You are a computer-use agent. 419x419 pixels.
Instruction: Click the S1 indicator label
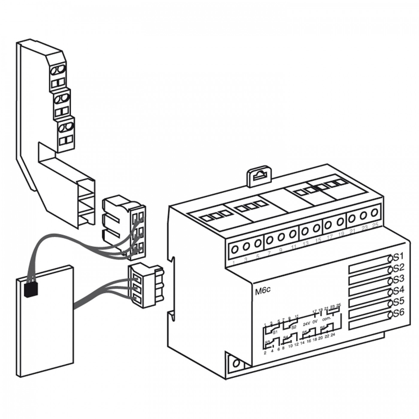click(399, 256)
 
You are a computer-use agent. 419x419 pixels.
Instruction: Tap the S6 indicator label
click(399, 313)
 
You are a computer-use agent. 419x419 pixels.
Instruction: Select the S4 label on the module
click(399, 290)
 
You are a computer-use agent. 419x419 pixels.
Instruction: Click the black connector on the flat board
click(31, 290)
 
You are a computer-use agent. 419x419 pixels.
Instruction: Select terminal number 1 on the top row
click(233, 263)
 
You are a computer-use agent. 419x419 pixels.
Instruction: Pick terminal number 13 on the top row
click(305, 244)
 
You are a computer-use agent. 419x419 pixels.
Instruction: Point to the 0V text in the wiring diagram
click(315, 322)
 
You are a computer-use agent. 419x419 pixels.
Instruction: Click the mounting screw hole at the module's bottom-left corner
click(236, 364)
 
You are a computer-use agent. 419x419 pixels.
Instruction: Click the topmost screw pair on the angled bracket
click(58, 70)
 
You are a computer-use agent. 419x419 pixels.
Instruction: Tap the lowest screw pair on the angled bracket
click(65, 127)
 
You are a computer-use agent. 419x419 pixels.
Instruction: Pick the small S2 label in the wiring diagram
click(294, 327)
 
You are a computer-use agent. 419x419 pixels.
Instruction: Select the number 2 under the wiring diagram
click(265, 353)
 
